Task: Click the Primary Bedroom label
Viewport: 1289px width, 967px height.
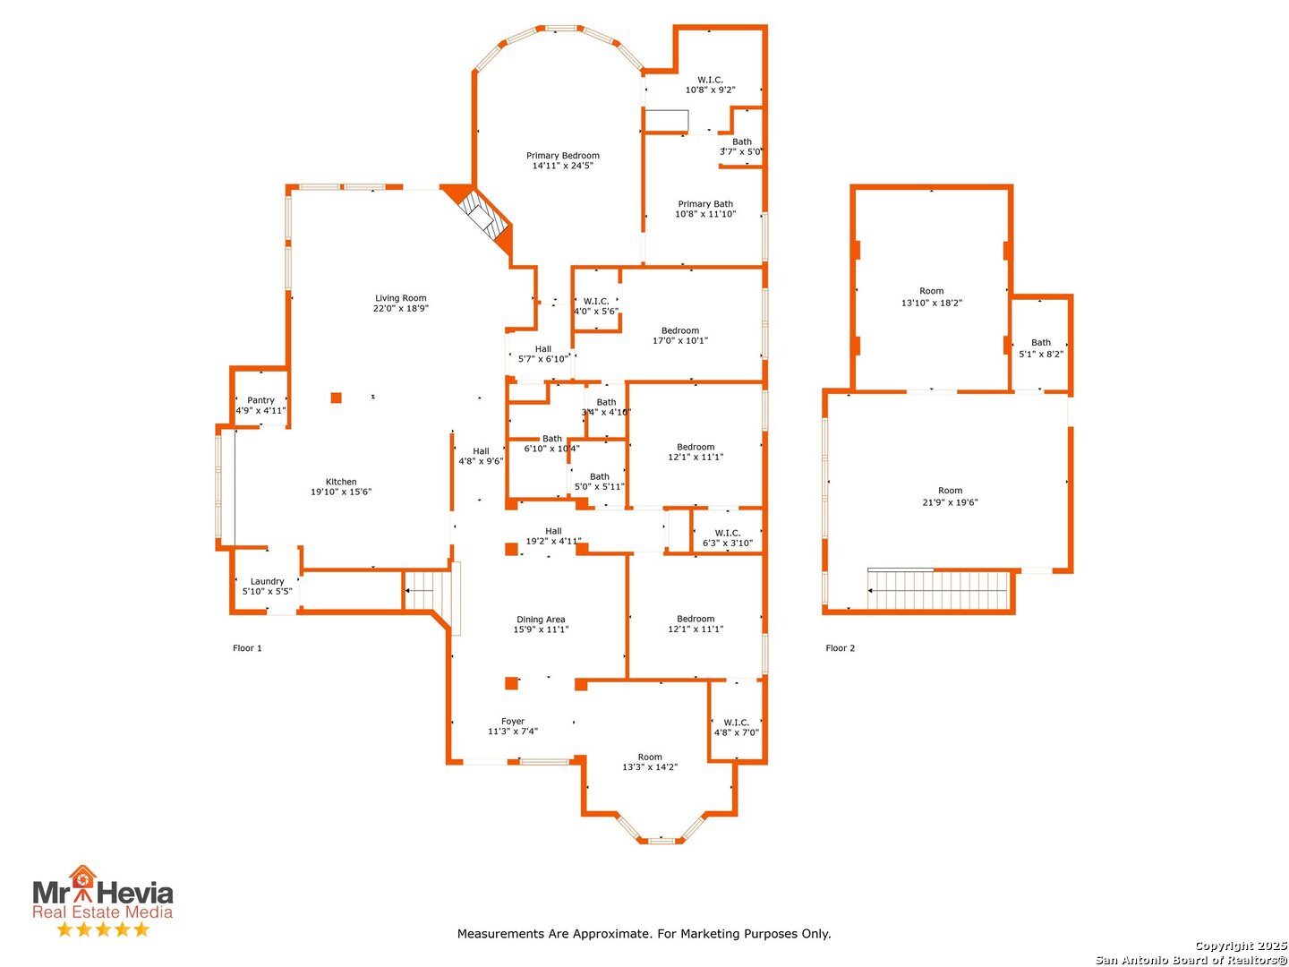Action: (x=562, y=156)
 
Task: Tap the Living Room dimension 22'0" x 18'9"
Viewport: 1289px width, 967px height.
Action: (x=400, y=308)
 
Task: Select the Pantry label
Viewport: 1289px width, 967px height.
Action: (x=260, y=400)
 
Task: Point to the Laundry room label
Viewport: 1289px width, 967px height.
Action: (x=267, y=581)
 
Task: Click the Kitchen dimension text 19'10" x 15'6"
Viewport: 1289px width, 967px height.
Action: (x=341, y=492)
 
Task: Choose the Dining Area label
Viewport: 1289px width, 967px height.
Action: (x=541, y=620)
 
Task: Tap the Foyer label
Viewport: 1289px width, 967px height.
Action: (x=513, y=722)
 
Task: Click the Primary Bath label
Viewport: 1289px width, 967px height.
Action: (x=705, y=204)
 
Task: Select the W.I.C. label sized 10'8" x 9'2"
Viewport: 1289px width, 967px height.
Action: (x=710, y=80)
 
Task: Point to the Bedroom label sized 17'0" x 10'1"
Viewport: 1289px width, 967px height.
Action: (x=680, y=330)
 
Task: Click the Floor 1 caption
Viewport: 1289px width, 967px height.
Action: (x=247, y=648)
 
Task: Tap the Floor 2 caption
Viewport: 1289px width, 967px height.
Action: (x=841, y=648)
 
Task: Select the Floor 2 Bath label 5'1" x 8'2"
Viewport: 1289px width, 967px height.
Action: (x=1040, y=342)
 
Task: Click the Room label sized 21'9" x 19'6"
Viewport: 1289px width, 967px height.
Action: (x=950, y=491)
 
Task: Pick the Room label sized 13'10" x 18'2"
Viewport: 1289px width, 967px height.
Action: (x=931, y=291)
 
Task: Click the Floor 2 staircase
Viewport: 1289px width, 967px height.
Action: (x=938, y=589)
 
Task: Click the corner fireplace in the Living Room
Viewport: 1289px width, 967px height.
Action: (x=482, y=218)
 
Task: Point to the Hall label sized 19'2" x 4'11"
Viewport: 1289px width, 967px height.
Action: (x=553, y=531)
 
